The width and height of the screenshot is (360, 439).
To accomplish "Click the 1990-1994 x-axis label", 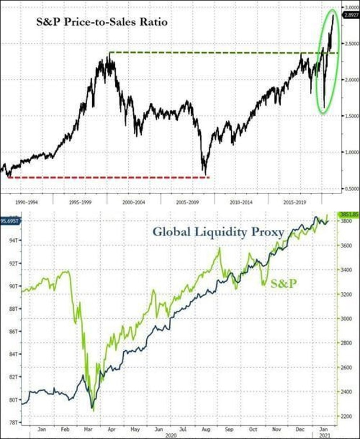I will pyautogui.click(x=26, y=199).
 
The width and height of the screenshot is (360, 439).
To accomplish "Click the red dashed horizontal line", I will pyautogui.click(x=107, y=177).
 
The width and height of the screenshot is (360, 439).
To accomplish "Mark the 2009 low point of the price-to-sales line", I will pyautogui.click(x=205, y=174).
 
